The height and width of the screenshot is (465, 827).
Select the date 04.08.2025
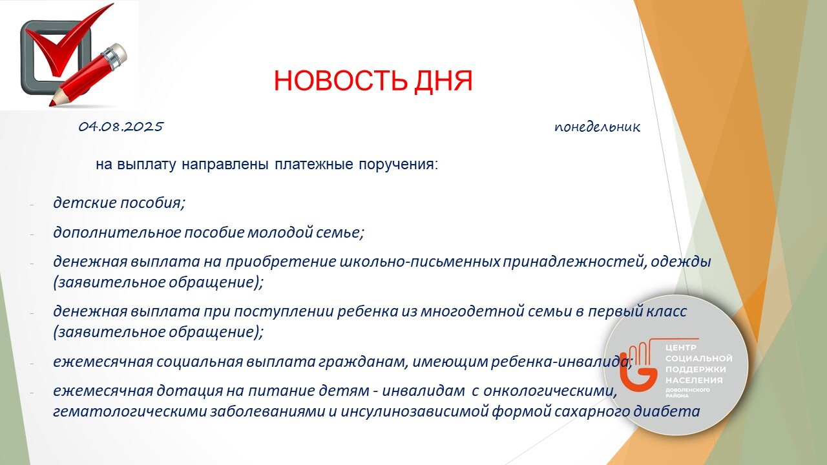point(121,127)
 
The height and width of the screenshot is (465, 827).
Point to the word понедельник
point(597,127)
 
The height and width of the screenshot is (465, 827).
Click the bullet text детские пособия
point(118,203)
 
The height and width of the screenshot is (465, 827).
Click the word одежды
point(681,262)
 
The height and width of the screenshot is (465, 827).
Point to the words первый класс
point(637,311)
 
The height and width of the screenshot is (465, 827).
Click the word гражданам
point(362,362)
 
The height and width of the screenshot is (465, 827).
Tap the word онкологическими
point(550,391)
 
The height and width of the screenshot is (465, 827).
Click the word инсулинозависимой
point(414,411)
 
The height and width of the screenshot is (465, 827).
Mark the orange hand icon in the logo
point(639,366)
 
